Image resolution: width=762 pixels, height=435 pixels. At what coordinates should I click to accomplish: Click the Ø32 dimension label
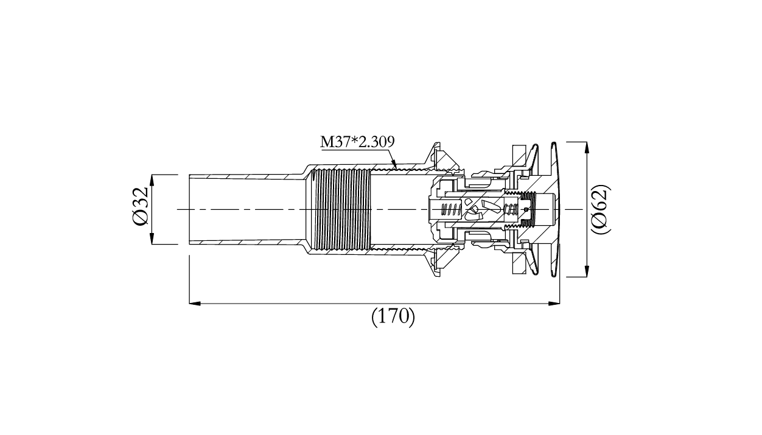(x=140, y=206)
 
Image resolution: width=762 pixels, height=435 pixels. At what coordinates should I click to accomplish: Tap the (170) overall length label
(x=393, y=317)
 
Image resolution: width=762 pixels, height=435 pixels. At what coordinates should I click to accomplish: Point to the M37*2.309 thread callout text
(x=357, y=142)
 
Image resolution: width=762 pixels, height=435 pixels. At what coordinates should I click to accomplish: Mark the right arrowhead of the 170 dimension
(x=554, y=303)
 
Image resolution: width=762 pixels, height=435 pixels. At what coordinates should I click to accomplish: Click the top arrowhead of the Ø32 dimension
(x=152, y=181)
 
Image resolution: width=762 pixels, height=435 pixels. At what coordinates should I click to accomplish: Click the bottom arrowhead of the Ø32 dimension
(x=152, y=238)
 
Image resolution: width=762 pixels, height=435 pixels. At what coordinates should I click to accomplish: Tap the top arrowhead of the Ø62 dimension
(x=586, y=148)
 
